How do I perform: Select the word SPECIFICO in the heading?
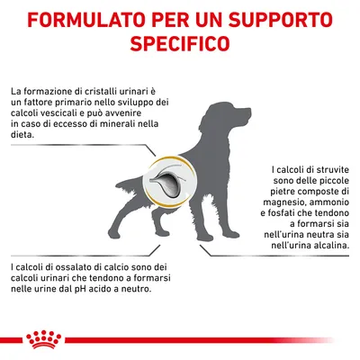pyautogui.click(x=180, y=44)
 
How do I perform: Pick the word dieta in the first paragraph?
pyautogui.click(x=22, y=136)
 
